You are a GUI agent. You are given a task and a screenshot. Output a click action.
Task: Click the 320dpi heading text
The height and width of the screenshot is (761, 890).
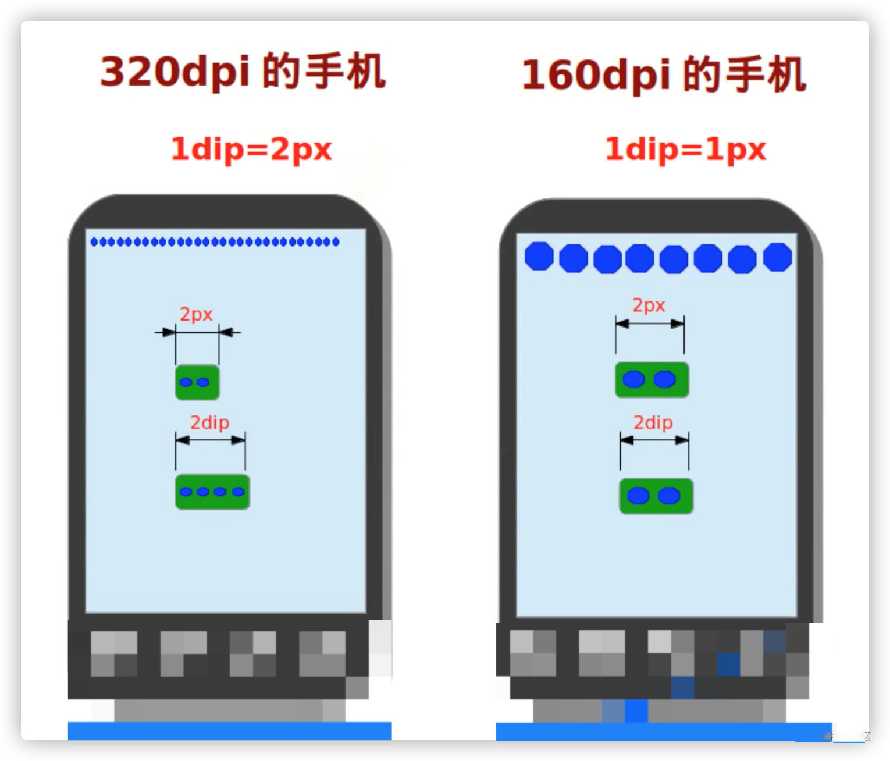point(243,71)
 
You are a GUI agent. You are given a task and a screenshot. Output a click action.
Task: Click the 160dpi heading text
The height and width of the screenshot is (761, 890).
point(663,74)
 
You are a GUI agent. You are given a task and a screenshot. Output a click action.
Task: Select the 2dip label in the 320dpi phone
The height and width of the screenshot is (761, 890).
point(209,422)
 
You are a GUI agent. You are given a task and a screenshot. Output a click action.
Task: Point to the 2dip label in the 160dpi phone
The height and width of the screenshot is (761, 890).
point(653,422)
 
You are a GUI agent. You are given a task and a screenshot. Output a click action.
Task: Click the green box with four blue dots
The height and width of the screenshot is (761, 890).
point(212,492)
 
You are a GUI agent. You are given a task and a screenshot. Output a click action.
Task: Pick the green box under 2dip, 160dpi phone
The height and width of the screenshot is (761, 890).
point(656,496)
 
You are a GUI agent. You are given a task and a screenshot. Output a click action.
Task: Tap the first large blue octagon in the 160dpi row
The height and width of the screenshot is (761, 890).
point(539,256)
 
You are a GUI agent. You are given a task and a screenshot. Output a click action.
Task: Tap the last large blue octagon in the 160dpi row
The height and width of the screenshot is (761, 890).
point(777,257)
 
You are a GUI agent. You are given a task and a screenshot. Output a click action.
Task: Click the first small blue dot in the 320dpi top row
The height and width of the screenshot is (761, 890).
point(94,242)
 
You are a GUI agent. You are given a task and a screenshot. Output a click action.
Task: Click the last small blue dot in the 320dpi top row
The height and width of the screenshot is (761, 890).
point(336,242)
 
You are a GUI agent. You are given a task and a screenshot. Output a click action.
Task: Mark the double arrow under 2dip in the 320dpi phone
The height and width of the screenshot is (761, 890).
point(211,440)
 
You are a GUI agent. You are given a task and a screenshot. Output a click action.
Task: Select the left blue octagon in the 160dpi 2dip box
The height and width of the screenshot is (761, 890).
point(638,496)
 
